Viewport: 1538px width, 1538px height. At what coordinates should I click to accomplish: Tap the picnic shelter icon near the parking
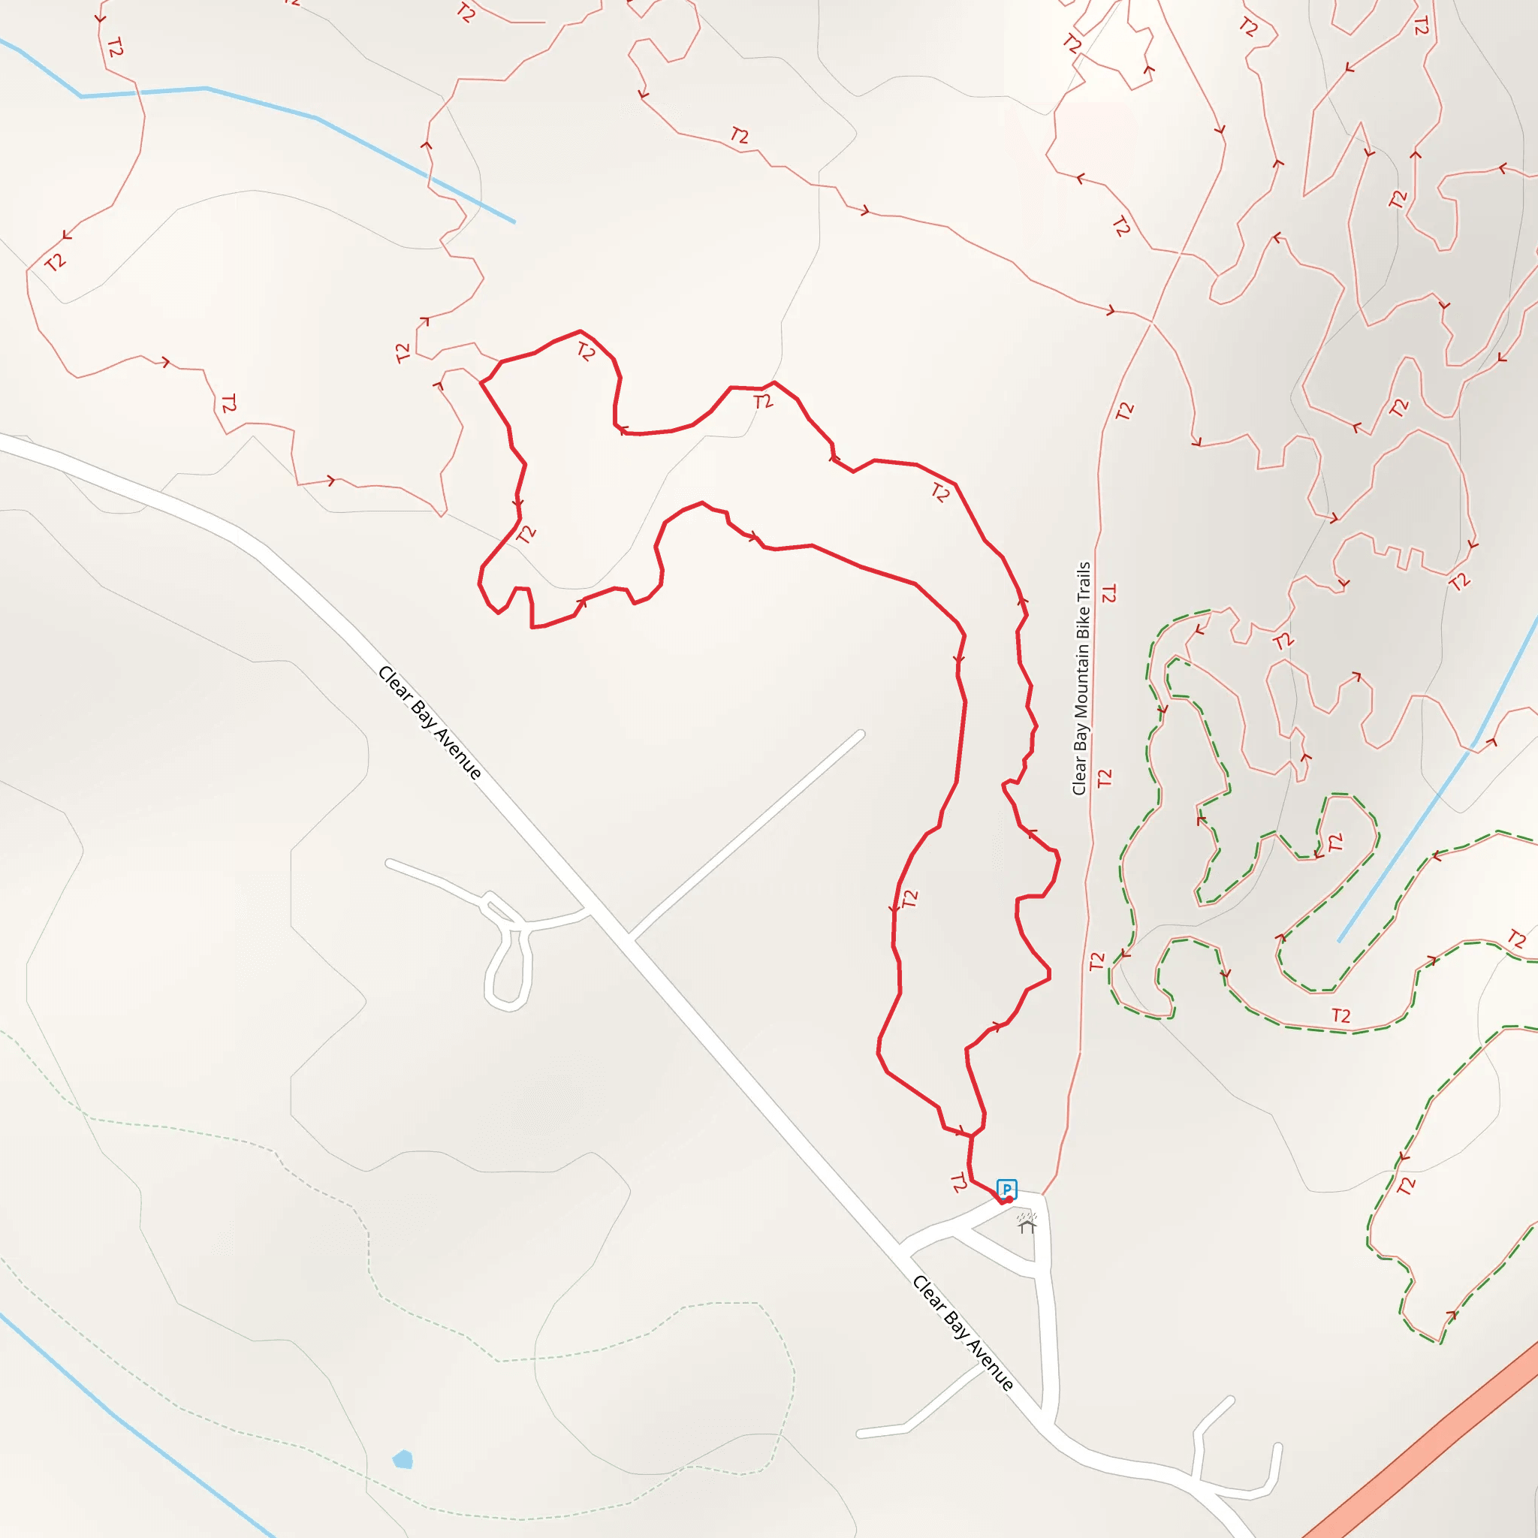point(1027,1222)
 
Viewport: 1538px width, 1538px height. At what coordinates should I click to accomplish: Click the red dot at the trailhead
point(1009,1199)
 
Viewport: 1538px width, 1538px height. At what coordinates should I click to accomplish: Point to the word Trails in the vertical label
point(1084,581)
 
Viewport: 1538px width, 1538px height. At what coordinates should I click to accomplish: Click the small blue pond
point(403,1459)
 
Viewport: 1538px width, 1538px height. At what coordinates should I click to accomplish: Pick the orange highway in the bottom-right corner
point(1433,1441)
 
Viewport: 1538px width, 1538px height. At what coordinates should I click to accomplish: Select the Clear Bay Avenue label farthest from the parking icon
point(430,722)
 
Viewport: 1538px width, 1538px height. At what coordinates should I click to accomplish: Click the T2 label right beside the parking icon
point(958,1184)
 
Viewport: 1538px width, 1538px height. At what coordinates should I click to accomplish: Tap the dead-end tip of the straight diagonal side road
point(861,733)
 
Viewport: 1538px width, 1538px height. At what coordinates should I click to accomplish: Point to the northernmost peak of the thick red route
point(581,330)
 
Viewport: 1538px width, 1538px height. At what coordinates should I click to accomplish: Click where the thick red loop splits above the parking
point(971,1136)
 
